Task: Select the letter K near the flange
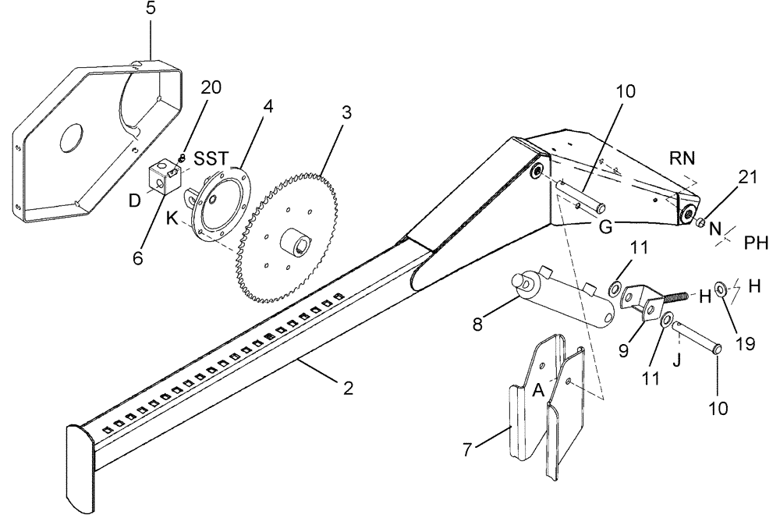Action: pos(172,221)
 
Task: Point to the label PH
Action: pos(756,244)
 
